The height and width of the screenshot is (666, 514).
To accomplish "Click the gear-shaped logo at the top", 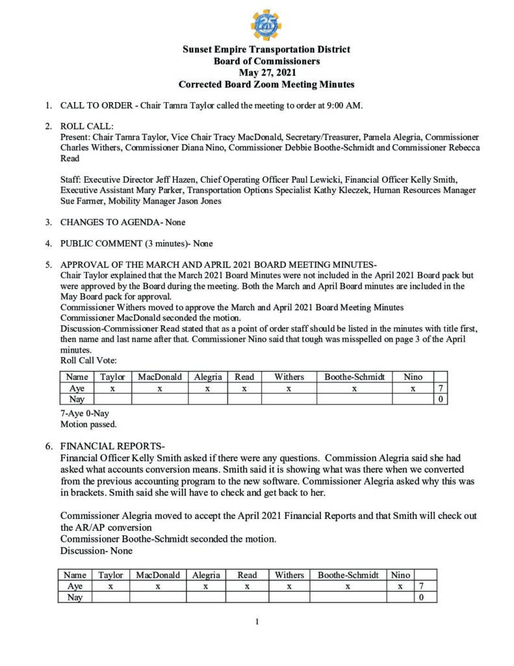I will [x=266, y=25].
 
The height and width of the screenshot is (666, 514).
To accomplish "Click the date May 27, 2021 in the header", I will [x=266, y=73].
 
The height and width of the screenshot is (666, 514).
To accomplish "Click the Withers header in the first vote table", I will [x=289, y=377].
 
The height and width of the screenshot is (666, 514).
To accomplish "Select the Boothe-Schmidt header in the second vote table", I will [x=348, y=575].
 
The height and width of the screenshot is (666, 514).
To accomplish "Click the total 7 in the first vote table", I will [x=440, y=388].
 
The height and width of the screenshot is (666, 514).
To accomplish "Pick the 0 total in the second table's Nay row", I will [x=422, y=597].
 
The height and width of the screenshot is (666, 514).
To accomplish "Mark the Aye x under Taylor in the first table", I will [x=112, y=388].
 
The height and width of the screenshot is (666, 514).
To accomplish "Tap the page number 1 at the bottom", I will [x=257, y=622].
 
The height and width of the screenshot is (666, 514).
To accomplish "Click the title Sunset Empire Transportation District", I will [x=266, y=49].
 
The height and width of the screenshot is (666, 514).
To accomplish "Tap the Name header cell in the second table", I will [x=75, y=575].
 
